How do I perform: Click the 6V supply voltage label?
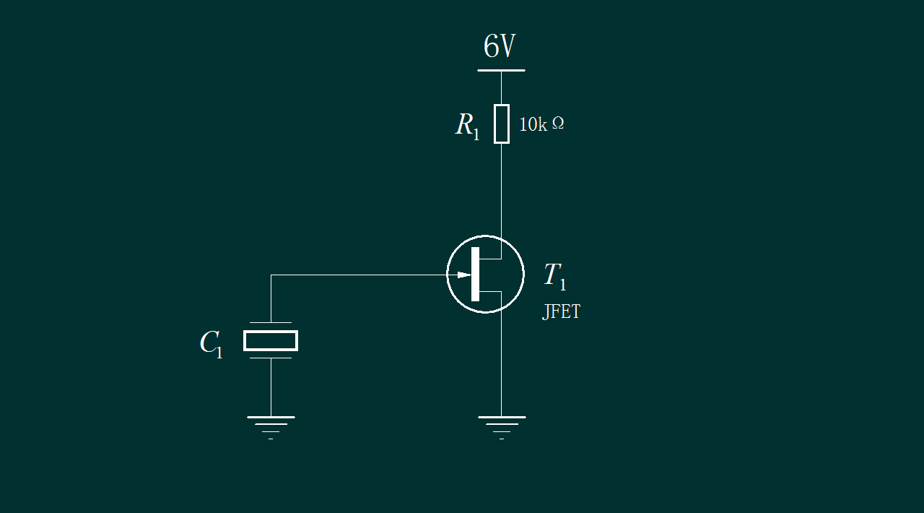(499, 47)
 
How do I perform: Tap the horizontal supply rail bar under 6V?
(501, 71)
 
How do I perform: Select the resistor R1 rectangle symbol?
(502, 124)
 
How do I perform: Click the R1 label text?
(467, 126)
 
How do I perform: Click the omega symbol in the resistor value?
(558, 124)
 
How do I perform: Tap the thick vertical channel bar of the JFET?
(475, 274)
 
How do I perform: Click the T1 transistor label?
(554, 276)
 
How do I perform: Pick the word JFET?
(561, 312)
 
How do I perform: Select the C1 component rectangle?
(271, 340)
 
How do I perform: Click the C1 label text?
(211, 343)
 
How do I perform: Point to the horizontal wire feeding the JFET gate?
(361, 275)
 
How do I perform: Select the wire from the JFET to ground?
(502, 361)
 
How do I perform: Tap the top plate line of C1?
(271, 322)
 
